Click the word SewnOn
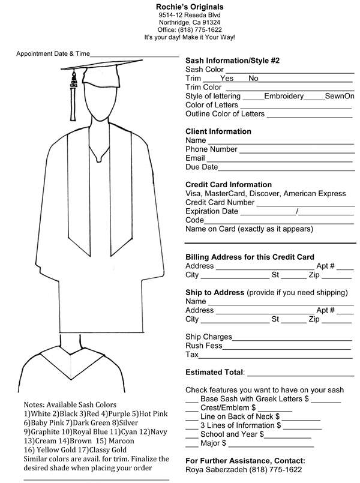tap(340, 96)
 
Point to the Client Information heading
tap(218, 131)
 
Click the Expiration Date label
tap(212, 212)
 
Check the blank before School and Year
tap(191, 436)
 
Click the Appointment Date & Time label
tap(52, 53)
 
